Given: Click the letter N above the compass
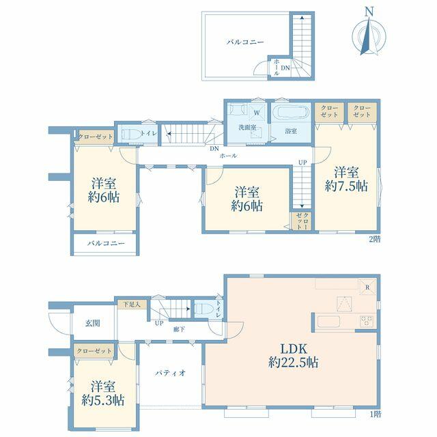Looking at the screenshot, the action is (x=369, y=11).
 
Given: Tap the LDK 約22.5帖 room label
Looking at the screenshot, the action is (x=293, y=356).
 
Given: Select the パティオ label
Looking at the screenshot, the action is (x=170, y=373).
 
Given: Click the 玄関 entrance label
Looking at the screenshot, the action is (x=93, y=323).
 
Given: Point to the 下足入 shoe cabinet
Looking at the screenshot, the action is (x=132, y=305).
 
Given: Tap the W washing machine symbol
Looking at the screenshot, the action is (x=257, y=113).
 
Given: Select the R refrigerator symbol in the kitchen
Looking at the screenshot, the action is (x=367, y=287).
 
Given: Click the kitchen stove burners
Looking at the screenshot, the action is (x=367, y=322).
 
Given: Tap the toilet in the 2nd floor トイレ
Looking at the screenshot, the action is (x=130, y=134).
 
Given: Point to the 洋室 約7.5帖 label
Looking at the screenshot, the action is (x=346, y=179).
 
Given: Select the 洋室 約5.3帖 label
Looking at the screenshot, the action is (x=103, y=393).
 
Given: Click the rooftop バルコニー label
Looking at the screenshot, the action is (x=245, y=42).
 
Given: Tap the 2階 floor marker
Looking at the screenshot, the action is (x=374, y=239).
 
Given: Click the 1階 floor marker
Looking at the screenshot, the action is (x=375, y=414).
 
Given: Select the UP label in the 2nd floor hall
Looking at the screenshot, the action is (x=302, y=163).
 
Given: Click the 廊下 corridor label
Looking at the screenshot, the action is (x=179, y=330).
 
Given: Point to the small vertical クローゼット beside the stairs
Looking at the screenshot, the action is (x=302, y=221).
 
